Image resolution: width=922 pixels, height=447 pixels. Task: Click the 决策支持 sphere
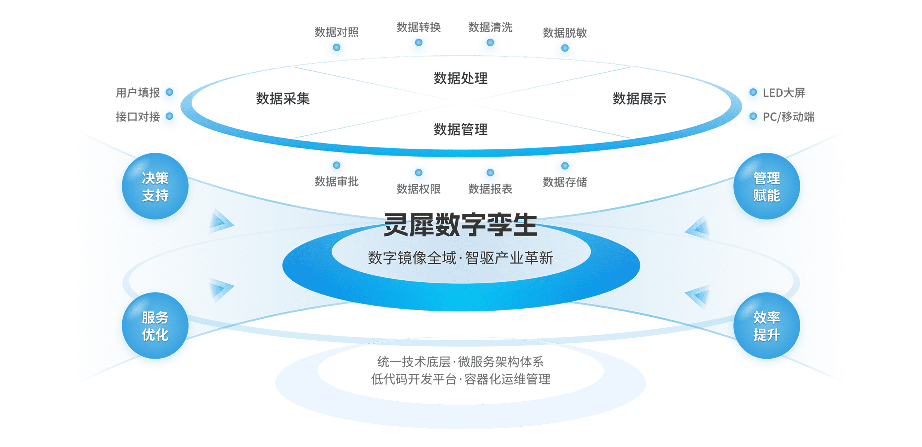pos(155,187)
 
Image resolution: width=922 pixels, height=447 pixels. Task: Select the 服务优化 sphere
pos(155,326)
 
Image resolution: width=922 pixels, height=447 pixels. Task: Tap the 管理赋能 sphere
pos(766,187)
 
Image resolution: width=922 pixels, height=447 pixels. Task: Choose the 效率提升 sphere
pos(766,326)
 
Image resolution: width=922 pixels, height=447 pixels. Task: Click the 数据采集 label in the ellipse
pos(283,99)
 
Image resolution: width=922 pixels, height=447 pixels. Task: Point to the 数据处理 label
pos(461,78)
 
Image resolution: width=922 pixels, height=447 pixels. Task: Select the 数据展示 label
pos(639,99)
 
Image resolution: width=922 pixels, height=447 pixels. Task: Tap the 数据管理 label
pos(461,129)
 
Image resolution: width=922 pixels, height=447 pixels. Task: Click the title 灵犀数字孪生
pos(461,225)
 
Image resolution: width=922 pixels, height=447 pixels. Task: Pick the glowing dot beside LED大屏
pos(753,93)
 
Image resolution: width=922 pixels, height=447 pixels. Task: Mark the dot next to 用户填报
pos(169,93)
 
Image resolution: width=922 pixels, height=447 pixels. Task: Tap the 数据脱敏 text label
pos(565,33)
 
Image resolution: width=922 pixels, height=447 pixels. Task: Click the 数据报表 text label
pos(490,189)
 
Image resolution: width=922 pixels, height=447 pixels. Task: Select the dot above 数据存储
pos(565,166)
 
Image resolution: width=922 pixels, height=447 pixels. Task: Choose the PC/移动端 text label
pos(788,117)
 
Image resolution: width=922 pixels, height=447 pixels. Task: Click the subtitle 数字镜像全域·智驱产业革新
pos(461,258)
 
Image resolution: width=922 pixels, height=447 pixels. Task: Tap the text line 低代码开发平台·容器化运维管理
pos(461,379)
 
